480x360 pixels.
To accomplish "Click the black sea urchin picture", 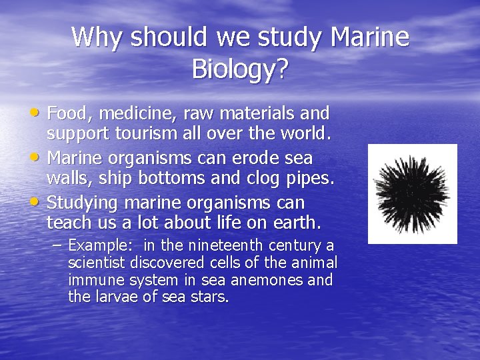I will pyautogui.click(x=413, y=194).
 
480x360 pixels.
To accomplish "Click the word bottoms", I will pyautogui.click(x=166, y=179).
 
